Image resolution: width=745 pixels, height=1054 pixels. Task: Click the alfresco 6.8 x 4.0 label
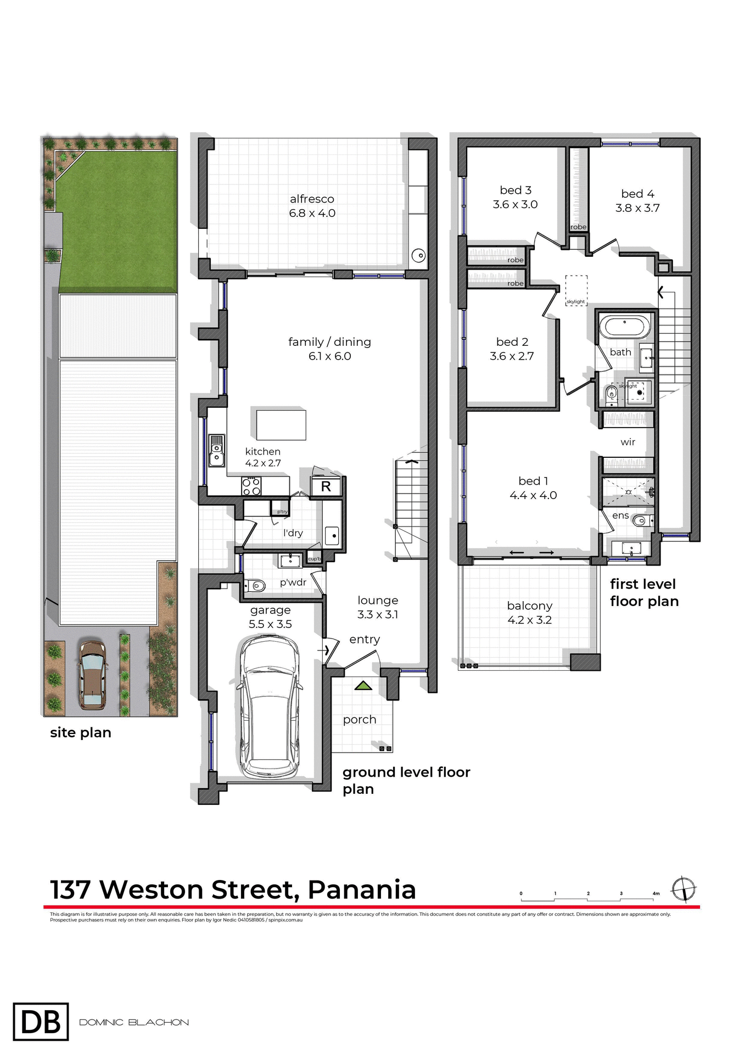click(x=312, y=206)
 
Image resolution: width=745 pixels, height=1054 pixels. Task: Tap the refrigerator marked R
click(x=326, y=486)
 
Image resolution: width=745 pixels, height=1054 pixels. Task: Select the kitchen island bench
click(x=281, y=424)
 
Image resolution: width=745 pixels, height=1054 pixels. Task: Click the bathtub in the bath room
click(x=624, y=327)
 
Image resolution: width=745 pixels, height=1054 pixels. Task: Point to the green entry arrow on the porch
click(x=363, y=686)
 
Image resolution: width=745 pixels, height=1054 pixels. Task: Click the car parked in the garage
click(x=270, y=707)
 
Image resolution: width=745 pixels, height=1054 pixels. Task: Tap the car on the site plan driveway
click(x=92, y=675)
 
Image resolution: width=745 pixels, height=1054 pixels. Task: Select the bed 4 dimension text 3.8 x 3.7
click(x=637, y=208)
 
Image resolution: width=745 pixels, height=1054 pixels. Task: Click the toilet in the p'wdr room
click(x=255, y=586)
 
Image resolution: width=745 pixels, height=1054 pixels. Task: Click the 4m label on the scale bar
click(x=656, y=894)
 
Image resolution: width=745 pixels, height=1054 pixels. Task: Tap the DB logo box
click(x=41, y=1022)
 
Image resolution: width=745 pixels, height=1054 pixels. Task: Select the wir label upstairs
click(x=628, y=442)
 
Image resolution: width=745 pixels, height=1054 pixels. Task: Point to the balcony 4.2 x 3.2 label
click(x=529, y=613)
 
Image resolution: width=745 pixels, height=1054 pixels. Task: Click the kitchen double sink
click(x=217, y=451)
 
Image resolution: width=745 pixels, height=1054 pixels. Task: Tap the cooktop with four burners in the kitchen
click(x=251, y=486)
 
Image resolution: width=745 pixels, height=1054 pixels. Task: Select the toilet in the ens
click(x=640, y=520)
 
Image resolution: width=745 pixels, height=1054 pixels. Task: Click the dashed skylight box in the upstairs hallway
click(x=576, y=290)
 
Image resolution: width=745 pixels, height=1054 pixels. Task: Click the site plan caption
click(x=81, y=733)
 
